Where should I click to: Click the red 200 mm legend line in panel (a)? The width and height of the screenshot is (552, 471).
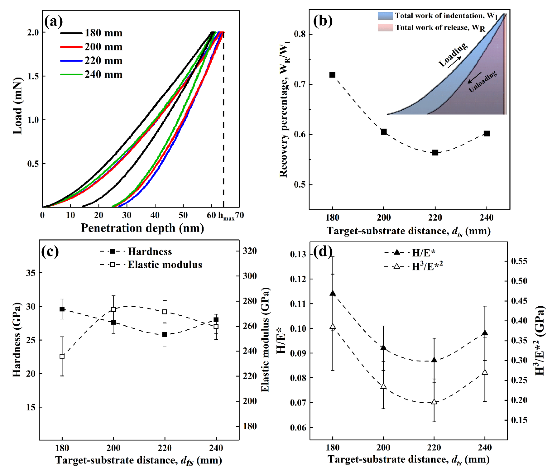(x=71, y=47)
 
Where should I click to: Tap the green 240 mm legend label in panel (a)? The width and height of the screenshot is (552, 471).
(x=104, y=75)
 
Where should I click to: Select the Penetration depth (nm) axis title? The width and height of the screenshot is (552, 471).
(x=142, y=228)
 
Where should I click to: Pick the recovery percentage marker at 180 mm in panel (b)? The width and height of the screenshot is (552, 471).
(x=332, y=75)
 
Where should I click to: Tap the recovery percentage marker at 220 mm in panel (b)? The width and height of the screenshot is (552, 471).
(x=435, y=152)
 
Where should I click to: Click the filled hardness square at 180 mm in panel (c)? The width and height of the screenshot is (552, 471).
(x=62, y=309)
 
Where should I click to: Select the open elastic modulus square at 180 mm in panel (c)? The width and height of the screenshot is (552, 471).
(x=62, y=356)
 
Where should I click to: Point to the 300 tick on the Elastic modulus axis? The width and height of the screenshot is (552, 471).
(x=249, y=276)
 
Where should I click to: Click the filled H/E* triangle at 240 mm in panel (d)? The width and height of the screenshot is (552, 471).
(x=485, y=333)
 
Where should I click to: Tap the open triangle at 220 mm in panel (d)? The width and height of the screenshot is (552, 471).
(x=434, y=401)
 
